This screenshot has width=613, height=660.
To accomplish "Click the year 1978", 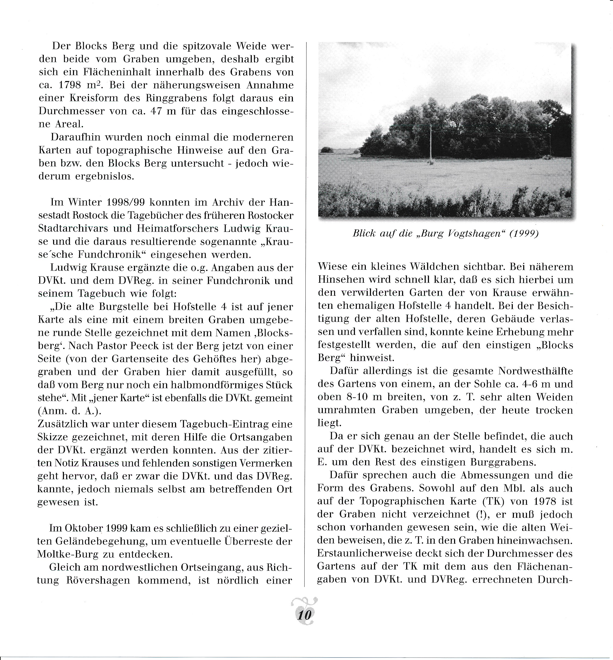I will pyautogui.click(x=535, y=502).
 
